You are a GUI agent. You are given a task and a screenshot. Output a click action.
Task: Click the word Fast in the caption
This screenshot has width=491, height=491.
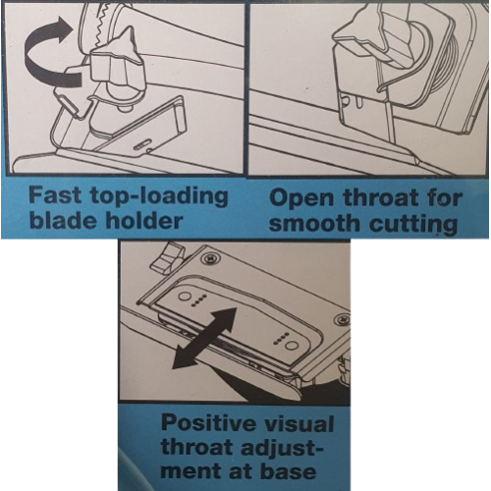click(x=55, y=195)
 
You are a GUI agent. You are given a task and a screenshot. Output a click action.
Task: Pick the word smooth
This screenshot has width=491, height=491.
click(x=314, y=224)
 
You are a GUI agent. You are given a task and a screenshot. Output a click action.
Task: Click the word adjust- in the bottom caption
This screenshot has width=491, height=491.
click(x=282, y=449)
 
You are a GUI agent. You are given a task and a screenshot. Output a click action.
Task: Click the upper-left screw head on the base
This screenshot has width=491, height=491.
click(x=210, y=259)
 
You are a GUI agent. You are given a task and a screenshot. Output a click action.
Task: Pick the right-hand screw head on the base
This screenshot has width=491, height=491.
click(x=343, y=318)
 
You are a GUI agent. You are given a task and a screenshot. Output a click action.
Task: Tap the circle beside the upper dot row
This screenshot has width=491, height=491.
click(x=185, y=297)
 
